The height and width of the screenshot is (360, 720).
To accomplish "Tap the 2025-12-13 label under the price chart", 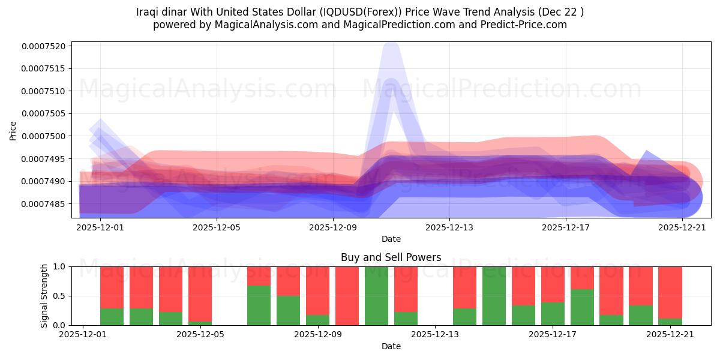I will pyautogui.click(x=449, y=227).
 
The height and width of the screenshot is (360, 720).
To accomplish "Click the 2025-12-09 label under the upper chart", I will pyautogui.click(x=332, y=227).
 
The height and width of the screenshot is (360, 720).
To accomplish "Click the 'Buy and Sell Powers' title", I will pyautogui.click(x=391, y=257).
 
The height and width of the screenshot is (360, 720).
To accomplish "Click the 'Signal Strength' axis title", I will pyautogui.click(x=44, y=296).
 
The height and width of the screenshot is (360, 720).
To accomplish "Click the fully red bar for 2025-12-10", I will pyautogui.click(x=347, y=296).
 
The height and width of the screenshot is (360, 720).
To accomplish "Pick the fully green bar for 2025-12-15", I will pyautogui.click(x=494, y=296).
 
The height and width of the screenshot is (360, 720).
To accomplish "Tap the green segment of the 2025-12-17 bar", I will pyautogui.click(x=582, y=307).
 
